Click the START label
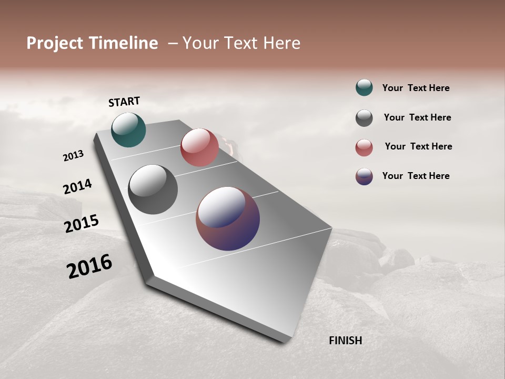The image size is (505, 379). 124,102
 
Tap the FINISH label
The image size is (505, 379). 345,341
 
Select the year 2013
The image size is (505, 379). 73,156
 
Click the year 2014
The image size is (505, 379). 77,186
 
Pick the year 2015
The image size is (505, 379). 82,224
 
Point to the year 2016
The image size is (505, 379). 89,266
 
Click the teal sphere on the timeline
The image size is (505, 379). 128,130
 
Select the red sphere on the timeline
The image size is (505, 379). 199,147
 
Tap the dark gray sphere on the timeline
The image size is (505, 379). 153,189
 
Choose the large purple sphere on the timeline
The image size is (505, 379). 228,218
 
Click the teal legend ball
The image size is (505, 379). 364,87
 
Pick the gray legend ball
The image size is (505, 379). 364,118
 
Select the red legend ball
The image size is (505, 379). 364,147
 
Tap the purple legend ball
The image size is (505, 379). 364,176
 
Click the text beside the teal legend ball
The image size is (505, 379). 416,88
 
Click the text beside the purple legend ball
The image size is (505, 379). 416,176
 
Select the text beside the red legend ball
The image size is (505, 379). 418,146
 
